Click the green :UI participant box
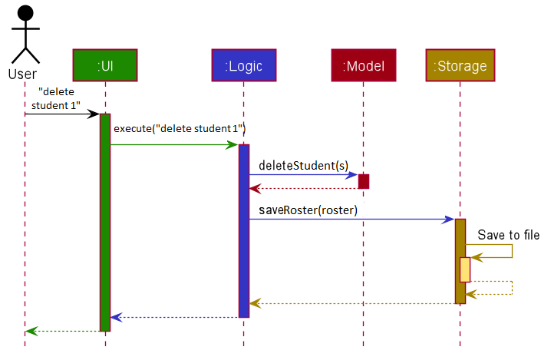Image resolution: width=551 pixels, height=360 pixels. click(x=105, y=65)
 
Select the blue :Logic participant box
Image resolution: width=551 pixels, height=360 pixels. click(x=244, y=65)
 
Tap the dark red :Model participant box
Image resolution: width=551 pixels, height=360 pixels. click(x=364, y=65)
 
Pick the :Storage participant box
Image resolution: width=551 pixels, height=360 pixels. click(x=460, y=65)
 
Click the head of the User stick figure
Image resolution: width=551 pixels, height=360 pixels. click(x=25, y=13)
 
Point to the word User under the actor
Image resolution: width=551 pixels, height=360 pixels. click(x=22, y=74)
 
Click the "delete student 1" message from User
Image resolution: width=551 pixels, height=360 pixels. click(x=56, y=98)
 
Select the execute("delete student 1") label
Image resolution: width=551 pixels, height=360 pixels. click(x=180, y=128)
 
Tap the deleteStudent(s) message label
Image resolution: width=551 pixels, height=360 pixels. click(x=304, y=165)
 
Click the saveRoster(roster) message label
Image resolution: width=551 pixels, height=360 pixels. click(x=308, y=210)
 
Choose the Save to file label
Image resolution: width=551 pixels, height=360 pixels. click(x=509, y=235)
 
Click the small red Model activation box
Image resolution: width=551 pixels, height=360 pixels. click(x=364, y=181)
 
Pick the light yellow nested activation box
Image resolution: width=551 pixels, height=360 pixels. click(x=465, y=269)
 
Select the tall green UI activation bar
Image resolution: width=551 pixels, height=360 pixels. click(x=105, y=222)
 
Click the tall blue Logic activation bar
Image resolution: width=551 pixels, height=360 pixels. click(x=244, y=231)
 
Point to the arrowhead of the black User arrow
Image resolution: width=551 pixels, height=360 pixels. click(x=94, y=114)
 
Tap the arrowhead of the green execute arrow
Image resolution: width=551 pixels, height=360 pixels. click(x=233, y=144)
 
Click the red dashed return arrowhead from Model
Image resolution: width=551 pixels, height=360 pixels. click(x=255, y=189)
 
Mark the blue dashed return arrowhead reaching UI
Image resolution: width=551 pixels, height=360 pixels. click(x=116, y=318)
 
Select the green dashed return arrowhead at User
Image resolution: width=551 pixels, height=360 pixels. click(x=31, y=331)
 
